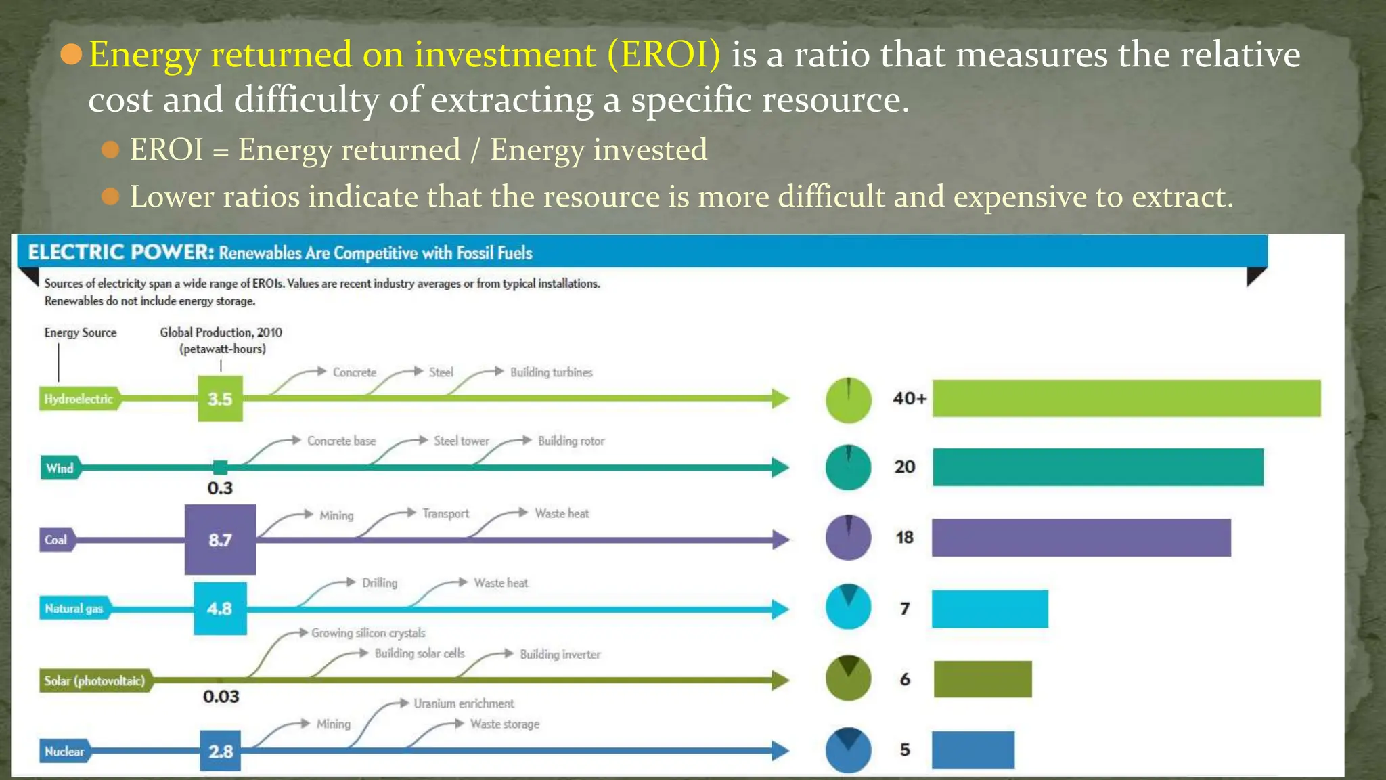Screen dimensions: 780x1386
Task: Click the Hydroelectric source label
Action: click(79, 399)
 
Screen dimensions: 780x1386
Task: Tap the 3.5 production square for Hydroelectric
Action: click(220, 399)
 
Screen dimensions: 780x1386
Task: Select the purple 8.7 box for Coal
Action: click(220, 540)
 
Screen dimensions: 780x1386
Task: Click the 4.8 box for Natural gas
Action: click(220, 609)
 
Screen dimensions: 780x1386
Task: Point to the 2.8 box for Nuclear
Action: click(220, 751)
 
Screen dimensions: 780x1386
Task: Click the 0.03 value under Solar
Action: click(221, 697)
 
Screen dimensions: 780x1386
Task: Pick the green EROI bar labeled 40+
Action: click(1126, 398)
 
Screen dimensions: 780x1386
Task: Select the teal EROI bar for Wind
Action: click(1098, 467)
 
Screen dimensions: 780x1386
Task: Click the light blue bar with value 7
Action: click(989, 609)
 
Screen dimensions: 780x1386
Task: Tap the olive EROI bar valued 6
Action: click(983, 679)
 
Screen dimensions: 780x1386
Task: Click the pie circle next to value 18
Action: click(848, 538)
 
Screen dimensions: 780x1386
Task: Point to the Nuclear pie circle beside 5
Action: click(848, 750)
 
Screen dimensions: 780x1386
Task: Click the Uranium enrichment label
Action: click(464, 703)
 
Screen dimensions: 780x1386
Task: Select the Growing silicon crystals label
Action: click(368, 633)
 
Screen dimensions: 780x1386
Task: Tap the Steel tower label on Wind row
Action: click(461, 441)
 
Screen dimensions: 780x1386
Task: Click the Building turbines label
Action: click(551, 372)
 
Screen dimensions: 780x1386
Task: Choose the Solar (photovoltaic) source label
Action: click(94, 680)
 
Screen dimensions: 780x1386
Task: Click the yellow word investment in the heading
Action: click(504, 54)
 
